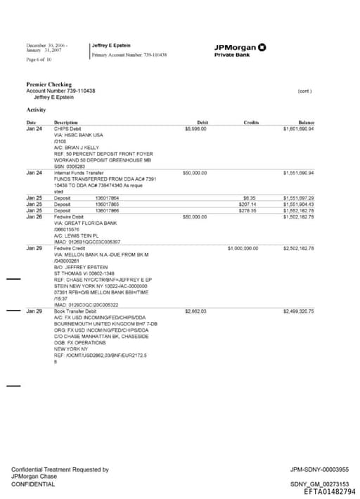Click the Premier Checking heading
pyautogui.click(x=49, y=84)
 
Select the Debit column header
pyautogui.click(x=202, y=122)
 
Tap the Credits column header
pyautogui.click(x=251, y=122)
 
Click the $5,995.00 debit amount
pyautogui.click(x=195, y=129)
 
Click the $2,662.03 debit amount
pyautogui.click(x=195, y=310)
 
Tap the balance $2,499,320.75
pyautogui.click(x=298, y=310)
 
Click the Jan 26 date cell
pyautogui.click(x=34, y=216)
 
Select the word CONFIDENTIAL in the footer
pyautogui.click(x=33, y=484)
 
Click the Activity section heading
pyautogui.click(x=37, y=110)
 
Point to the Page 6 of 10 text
pyautogui.click(x=39, y=59)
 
